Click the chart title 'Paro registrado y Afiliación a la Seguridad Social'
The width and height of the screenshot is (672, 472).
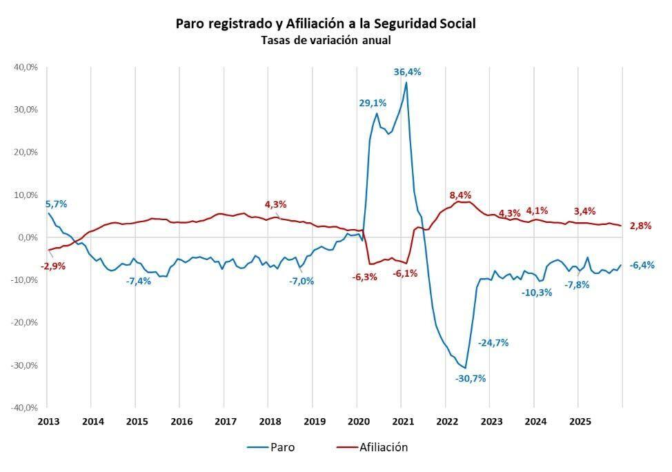pos(326,23)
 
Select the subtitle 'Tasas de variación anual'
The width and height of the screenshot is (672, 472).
pos(326,40)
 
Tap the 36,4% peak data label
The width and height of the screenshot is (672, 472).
pos(407,72)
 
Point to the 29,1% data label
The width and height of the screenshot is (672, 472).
pos(373,103)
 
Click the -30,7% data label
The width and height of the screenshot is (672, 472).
pos(471,378)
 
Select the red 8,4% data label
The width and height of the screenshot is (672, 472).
pos(460,195)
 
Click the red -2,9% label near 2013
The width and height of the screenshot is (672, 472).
pos(53,266)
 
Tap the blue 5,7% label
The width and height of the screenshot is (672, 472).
pos(57,204)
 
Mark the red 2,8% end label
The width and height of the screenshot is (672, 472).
pos(640,226)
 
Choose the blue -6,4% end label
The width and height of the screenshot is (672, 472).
pos(642,265)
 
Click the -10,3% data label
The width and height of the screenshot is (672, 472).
pos(537,292)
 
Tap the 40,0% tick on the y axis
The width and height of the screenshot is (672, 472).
pos(26,67)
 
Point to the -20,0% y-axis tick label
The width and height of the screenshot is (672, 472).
pos(24,322)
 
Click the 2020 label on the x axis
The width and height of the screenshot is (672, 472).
pos(358,421)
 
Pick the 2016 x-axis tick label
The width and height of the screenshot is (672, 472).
pos(181,421)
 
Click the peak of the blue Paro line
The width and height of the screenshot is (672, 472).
pos(406,83)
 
